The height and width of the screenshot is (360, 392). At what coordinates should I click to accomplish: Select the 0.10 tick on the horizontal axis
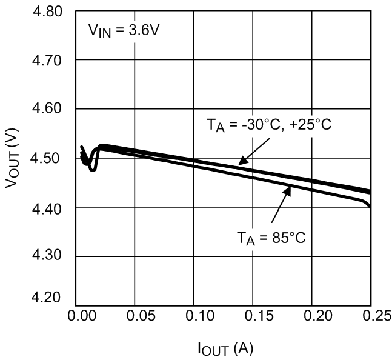point(194,316)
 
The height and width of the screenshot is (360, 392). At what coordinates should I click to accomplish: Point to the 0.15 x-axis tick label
point(253,316)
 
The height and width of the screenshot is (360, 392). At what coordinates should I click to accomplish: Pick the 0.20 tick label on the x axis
point(311,316)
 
